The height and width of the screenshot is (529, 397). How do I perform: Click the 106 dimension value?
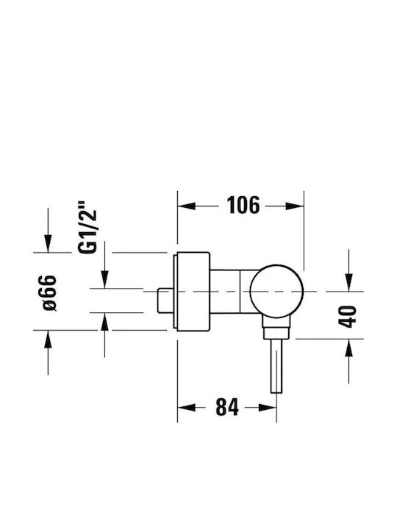(x=243, y=205)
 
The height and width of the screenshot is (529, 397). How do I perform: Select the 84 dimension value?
(x=227, y=407)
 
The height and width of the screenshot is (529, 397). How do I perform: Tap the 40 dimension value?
(x=347, y=316)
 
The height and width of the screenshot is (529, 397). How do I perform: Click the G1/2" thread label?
(x=87, y=227)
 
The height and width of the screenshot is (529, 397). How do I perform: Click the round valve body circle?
(x=276, y=291)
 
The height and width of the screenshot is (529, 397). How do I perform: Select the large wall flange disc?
(x=192, y=292)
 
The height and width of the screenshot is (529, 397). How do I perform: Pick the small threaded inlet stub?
(x=165, y=301)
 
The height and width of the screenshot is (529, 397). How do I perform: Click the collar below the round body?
(x=276, y=328)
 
